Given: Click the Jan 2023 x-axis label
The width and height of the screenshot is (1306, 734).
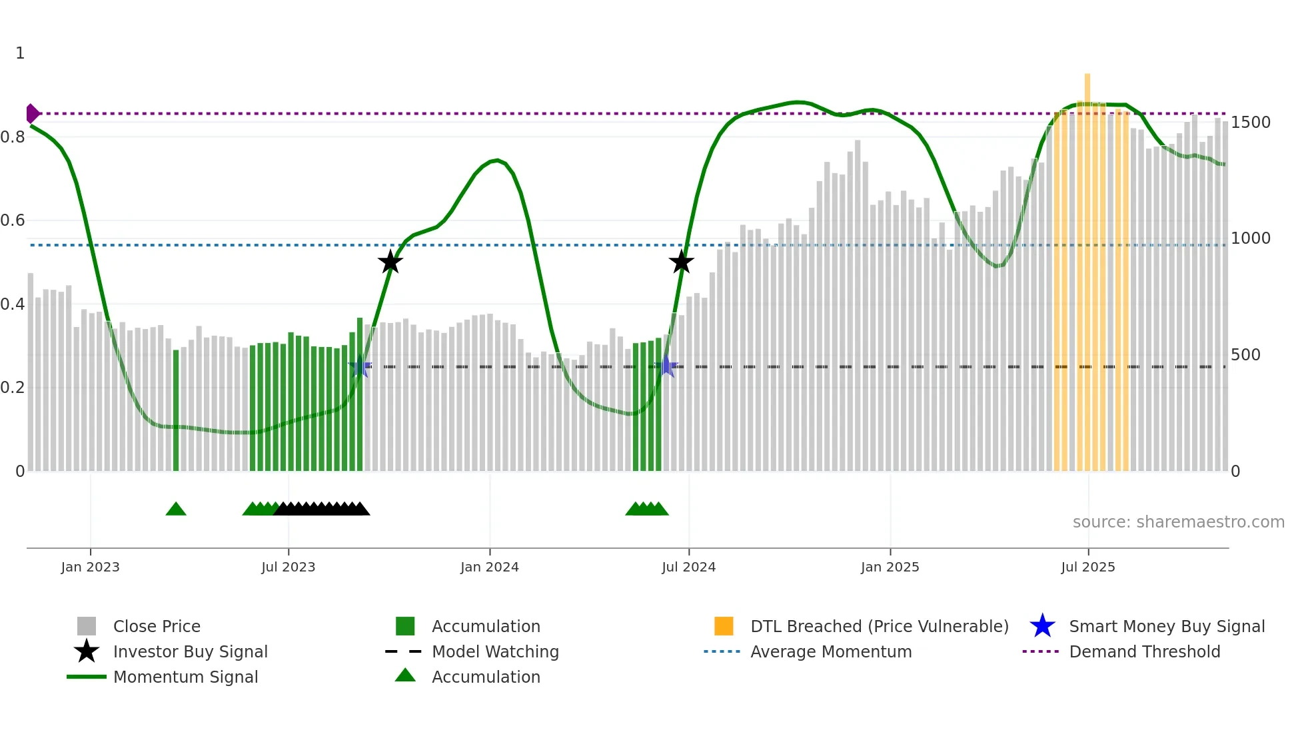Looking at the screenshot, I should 90,567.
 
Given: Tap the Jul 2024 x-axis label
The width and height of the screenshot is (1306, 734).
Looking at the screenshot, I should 688,567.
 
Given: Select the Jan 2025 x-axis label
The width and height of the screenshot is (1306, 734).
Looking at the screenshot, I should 890,567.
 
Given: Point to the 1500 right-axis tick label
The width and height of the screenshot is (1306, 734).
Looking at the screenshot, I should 1250,123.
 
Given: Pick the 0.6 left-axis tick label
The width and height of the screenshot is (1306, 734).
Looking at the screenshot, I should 13,220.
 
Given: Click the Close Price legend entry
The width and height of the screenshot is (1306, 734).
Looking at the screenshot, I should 157,626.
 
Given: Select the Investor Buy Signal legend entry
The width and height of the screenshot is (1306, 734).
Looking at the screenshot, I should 190,651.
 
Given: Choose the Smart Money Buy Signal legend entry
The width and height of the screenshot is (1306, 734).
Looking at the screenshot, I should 1166,626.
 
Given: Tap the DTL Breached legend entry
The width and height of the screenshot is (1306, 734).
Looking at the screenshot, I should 879,626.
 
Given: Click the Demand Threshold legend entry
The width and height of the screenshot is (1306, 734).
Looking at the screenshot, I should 1144,651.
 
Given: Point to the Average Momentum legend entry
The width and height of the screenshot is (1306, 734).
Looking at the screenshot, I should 830,651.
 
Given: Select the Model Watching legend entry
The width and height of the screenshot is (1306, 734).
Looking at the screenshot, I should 495,651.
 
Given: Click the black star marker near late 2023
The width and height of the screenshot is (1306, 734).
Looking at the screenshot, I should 390,262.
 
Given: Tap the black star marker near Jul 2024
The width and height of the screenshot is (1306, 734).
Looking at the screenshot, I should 681,262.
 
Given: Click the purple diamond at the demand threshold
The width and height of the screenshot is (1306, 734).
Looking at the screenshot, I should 31,114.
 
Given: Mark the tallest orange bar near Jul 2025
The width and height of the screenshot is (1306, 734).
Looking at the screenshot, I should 1087,266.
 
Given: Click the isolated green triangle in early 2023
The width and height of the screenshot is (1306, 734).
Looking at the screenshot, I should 176,510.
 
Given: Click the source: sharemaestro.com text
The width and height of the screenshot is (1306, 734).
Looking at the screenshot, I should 1178,522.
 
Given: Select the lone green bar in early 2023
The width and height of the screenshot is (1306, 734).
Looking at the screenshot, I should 176,410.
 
